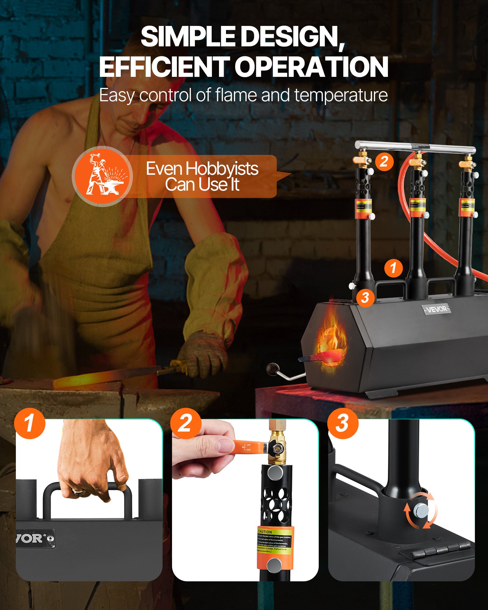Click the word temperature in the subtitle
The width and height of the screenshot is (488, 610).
[x=341, y=95]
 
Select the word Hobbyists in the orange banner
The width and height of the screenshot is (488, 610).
[x=222, y=169]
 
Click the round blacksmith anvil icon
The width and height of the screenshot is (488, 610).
[x=102, y=176]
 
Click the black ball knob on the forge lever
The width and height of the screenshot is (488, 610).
[x=271, y=369]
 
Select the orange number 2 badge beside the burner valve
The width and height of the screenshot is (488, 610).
[x=384, y=161]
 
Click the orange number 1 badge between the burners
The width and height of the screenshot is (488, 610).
[x=393, y=268]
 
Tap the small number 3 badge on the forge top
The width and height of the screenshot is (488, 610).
[x=365, y=298]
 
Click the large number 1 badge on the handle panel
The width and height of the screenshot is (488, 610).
[x=30, y=423]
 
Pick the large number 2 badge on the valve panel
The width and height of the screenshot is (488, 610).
[x=185, y=423]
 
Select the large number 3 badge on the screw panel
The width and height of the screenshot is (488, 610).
[x=343, y=423]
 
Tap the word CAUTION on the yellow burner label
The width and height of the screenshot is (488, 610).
[x=265, y=532]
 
